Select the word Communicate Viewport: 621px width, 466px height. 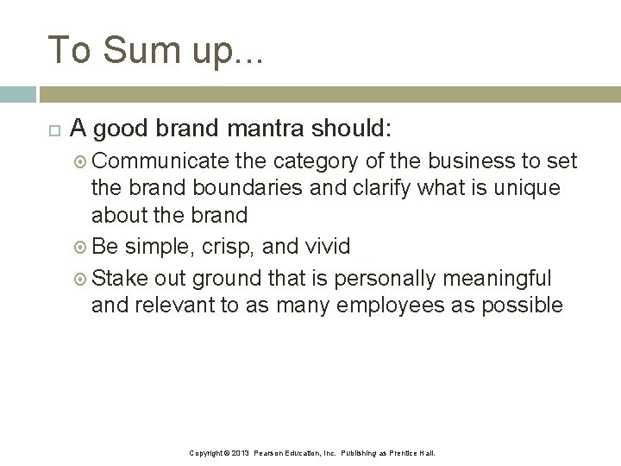160,161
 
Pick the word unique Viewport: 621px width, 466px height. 527,188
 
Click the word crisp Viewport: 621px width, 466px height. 229,247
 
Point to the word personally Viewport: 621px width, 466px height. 386,279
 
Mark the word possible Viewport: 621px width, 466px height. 519,305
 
